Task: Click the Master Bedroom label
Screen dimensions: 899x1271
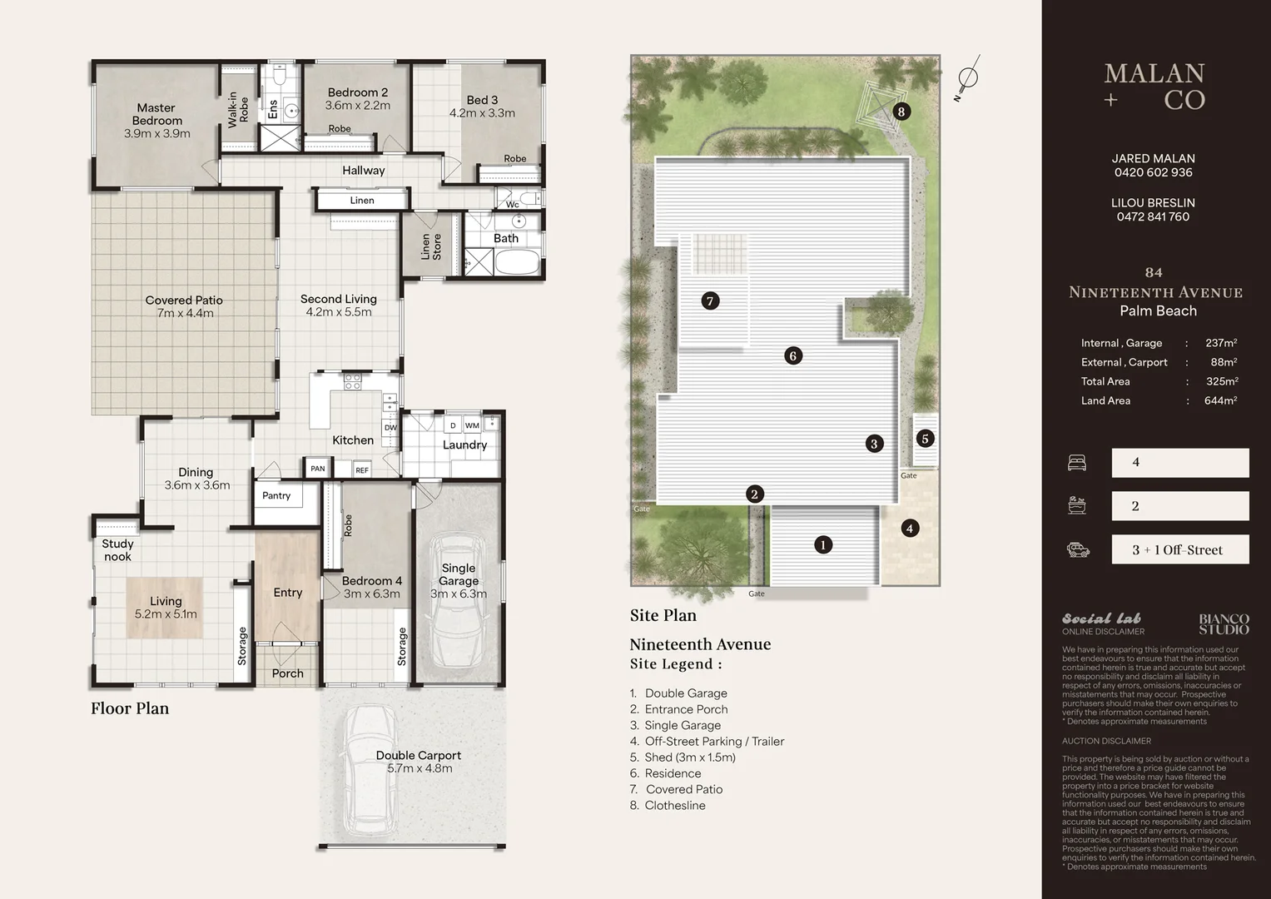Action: (156, 121)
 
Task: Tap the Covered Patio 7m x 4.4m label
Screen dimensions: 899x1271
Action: (184, 306)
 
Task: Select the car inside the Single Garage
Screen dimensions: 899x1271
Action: (457, 605)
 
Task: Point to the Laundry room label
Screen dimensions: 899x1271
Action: (464, 445)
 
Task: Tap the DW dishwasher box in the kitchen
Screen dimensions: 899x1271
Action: (390, 428)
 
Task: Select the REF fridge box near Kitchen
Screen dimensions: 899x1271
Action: (362, 470)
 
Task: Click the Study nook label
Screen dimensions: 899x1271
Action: (117, 550)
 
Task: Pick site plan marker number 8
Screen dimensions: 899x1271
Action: (901, 112)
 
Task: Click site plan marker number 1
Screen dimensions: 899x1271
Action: (822, 545)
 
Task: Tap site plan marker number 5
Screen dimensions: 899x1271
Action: (925, 439)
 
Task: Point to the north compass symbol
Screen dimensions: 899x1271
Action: (967, 78)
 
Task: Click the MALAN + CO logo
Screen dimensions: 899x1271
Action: (1154, 87)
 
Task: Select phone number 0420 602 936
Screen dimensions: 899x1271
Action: (1153, 172)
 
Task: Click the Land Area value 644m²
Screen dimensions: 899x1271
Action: (1220, 400)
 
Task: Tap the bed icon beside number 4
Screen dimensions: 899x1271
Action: (1077, 463)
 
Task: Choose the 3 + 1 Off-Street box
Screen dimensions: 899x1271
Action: (1179, 549)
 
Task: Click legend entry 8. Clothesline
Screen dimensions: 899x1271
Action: (668, 805)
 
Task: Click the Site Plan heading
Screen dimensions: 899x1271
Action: (663, 615)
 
